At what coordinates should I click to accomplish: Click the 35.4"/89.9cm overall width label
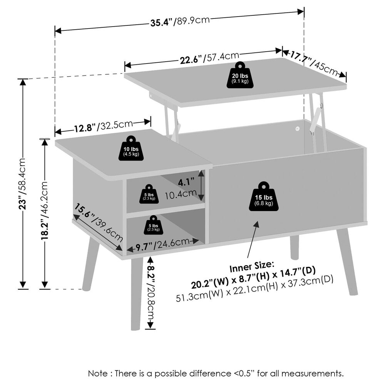[x=180, y=21]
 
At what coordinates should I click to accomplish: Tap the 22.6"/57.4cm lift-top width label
[x=209, y=58]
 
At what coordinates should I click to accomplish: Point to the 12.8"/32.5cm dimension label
[x=103, y=126]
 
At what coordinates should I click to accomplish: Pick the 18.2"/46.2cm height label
[x=44, y=211]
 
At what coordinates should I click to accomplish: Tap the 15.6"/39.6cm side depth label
[x=98, y=222]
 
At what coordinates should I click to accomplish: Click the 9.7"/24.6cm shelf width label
[x=162, y=244]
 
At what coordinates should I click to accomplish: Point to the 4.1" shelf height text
[x=186, y=182]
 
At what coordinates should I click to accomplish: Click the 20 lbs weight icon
[x=240, y=75]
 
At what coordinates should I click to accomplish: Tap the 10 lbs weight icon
[x=131, y=148]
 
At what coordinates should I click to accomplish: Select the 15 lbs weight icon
[x=264, y=196]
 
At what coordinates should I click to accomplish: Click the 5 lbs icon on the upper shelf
[x=149, y=194]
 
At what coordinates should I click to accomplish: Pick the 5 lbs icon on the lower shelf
[x=154, y=225]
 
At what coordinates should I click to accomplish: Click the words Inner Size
[x=251, y=266]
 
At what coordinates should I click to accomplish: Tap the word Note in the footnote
[x=98, y=373]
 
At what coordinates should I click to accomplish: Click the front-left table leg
[x=136, y=294]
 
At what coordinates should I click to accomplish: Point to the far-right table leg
[x=347, y=262]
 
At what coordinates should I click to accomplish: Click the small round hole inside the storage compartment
[x=298, y=129]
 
